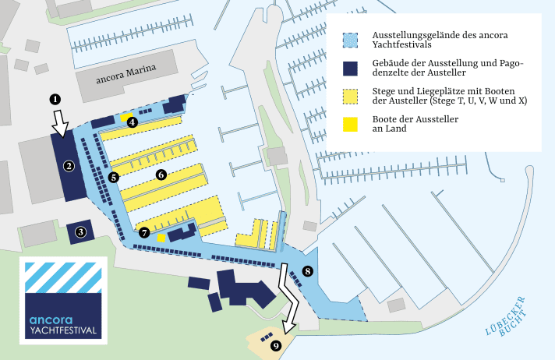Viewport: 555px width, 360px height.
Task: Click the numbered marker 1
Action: [x=55, y=99]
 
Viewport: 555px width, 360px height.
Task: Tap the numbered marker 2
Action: [x=69, y=165]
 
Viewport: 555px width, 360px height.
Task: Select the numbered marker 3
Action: [x=80, y=231]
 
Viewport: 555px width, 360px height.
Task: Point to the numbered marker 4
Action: [x=133, y=122]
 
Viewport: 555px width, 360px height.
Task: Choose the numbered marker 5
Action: [x=114, y=177]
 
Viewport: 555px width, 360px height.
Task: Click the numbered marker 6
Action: [x=161, y=175]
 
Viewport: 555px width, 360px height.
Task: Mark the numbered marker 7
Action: [x=144, y=232]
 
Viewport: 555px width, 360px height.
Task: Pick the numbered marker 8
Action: [x=308, y=271]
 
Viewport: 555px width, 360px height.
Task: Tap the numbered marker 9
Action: [x=276, y=345]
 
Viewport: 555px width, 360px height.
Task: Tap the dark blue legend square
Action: [x=350, y=67]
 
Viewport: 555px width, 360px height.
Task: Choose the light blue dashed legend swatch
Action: [x=350, y=40]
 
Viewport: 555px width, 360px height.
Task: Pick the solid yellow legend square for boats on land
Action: [x=350, y=124]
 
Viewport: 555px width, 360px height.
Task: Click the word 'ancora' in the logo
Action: [x=51, y=319]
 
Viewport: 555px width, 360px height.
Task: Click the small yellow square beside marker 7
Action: [x=161, y=238]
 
